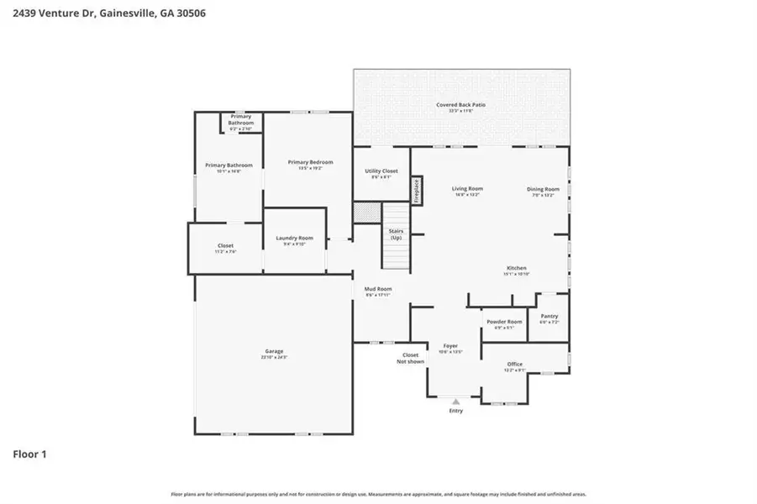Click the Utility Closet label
click(381, 173)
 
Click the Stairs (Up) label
click(395, 234)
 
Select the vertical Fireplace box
click(415, 190)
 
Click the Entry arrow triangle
click(456, 402)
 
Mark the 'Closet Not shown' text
click(411, 358)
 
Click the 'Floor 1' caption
click(29, 454)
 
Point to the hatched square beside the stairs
click(366, 213)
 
